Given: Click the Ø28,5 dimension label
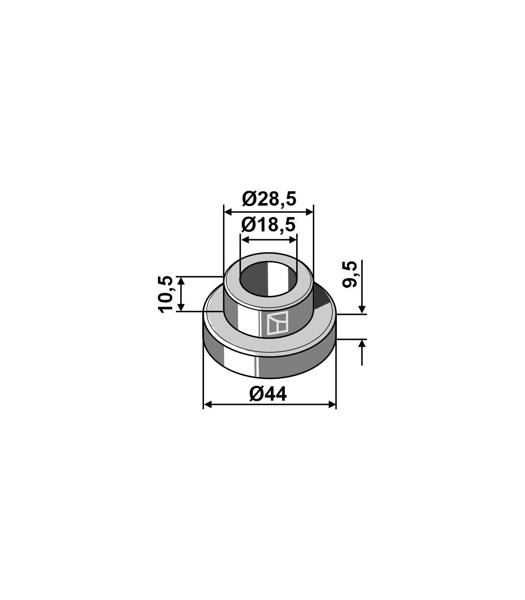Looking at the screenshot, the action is coord(269,199).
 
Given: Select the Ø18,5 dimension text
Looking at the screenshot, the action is coord(268,225).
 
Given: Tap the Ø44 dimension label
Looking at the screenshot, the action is coord(268,394).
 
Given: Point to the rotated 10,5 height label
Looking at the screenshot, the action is coord(167,294).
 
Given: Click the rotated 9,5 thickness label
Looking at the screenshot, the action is coord(350,274).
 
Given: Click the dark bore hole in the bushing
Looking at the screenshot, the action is coord(254,279).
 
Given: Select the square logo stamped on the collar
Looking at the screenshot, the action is coord(277,323).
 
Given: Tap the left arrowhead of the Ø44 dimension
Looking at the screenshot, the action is coord(207,405).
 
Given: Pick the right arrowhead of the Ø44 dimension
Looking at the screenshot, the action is coord(332,405).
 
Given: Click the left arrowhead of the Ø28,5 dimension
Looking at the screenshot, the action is coord(228,212).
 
